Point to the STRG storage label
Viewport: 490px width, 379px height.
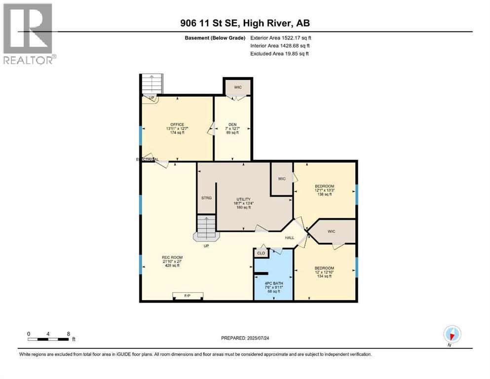(x=206, y=198)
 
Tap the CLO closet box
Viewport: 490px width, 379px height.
(x=261, y=253)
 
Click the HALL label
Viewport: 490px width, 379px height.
(x=290, y=238)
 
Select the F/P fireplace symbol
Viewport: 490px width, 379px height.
(x=188, y=296)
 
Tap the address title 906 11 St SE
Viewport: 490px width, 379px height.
(x=245, y=23)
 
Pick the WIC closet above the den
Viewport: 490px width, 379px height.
(x=238, y=87)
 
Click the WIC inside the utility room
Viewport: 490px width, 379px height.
(x=282, y=178)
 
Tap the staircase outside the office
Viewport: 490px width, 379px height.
(x=152, y=84)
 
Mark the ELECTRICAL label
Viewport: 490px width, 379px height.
(x=148, y=159)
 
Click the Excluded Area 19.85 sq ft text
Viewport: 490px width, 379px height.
(x=279, y=54)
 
